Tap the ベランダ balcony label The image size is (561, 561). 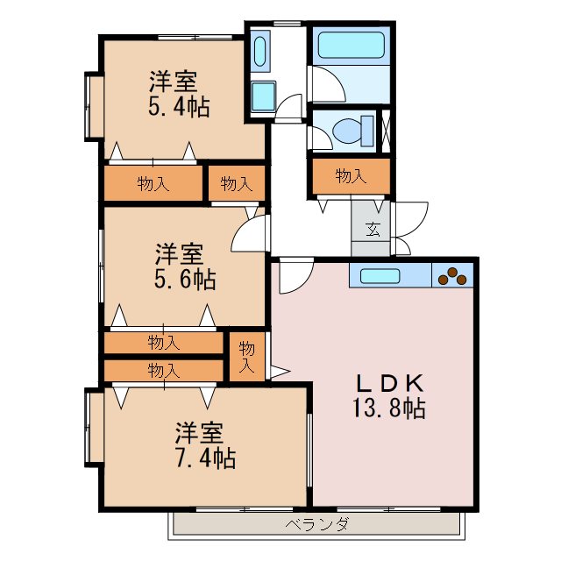click(x=317, y=525)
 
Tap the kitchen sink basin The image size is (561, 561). click(x=380, y=275)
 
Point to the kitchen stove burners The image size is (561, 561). click(x=451, y=275)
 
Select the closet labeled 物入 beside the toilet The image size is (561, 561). click(x=350, y=176)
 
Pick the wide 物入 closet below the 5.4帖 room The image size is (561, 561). click(x=154, y=184)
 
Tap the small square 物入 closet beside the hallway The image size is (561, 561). click(x=236, y=184)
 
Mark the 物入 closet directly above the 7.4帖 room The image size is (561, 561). click(x=164, y=370)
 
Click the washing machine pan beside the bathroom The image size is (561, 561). click(x=260, y=50)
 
